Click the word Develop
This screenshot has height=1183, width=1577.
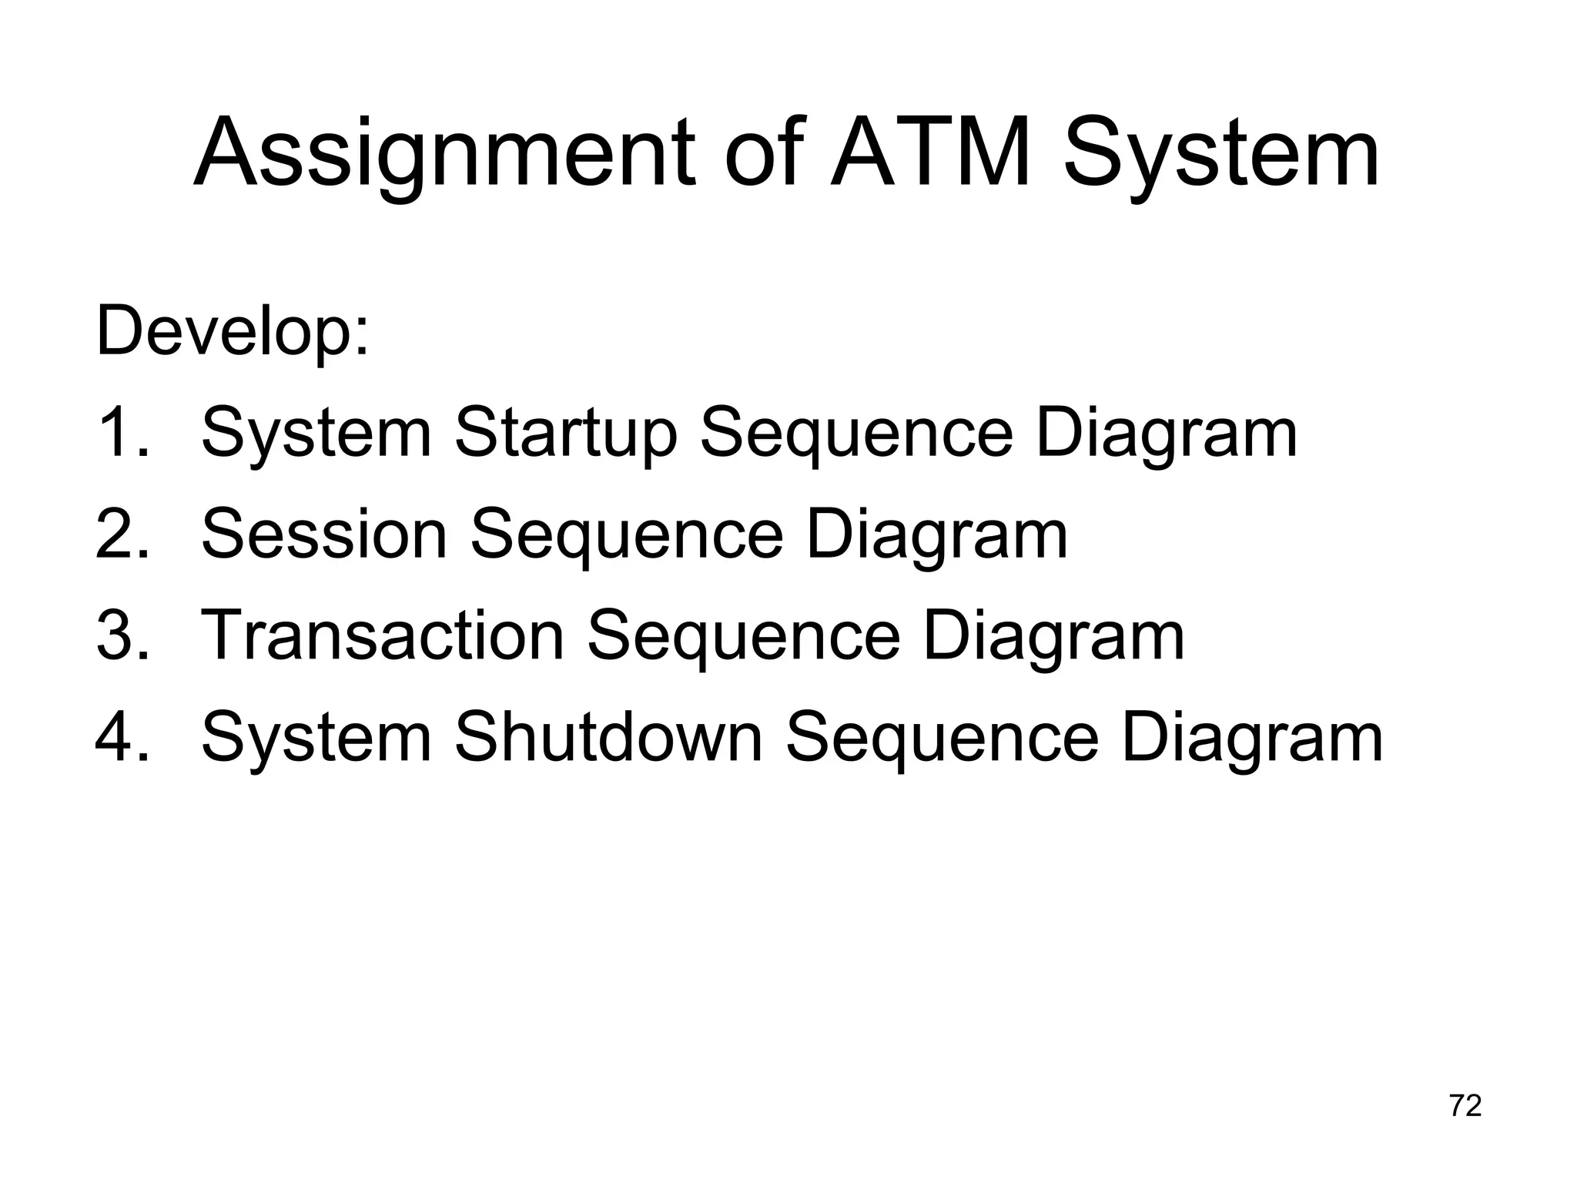click(x=231, y=332)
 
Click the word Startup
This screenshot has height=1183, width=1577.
click(x=565, y=435)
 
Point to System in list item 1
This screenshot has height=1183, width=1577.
click(x=316, y=435)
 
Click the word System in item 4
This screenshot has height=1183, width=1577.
click(x=316, y=739)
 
